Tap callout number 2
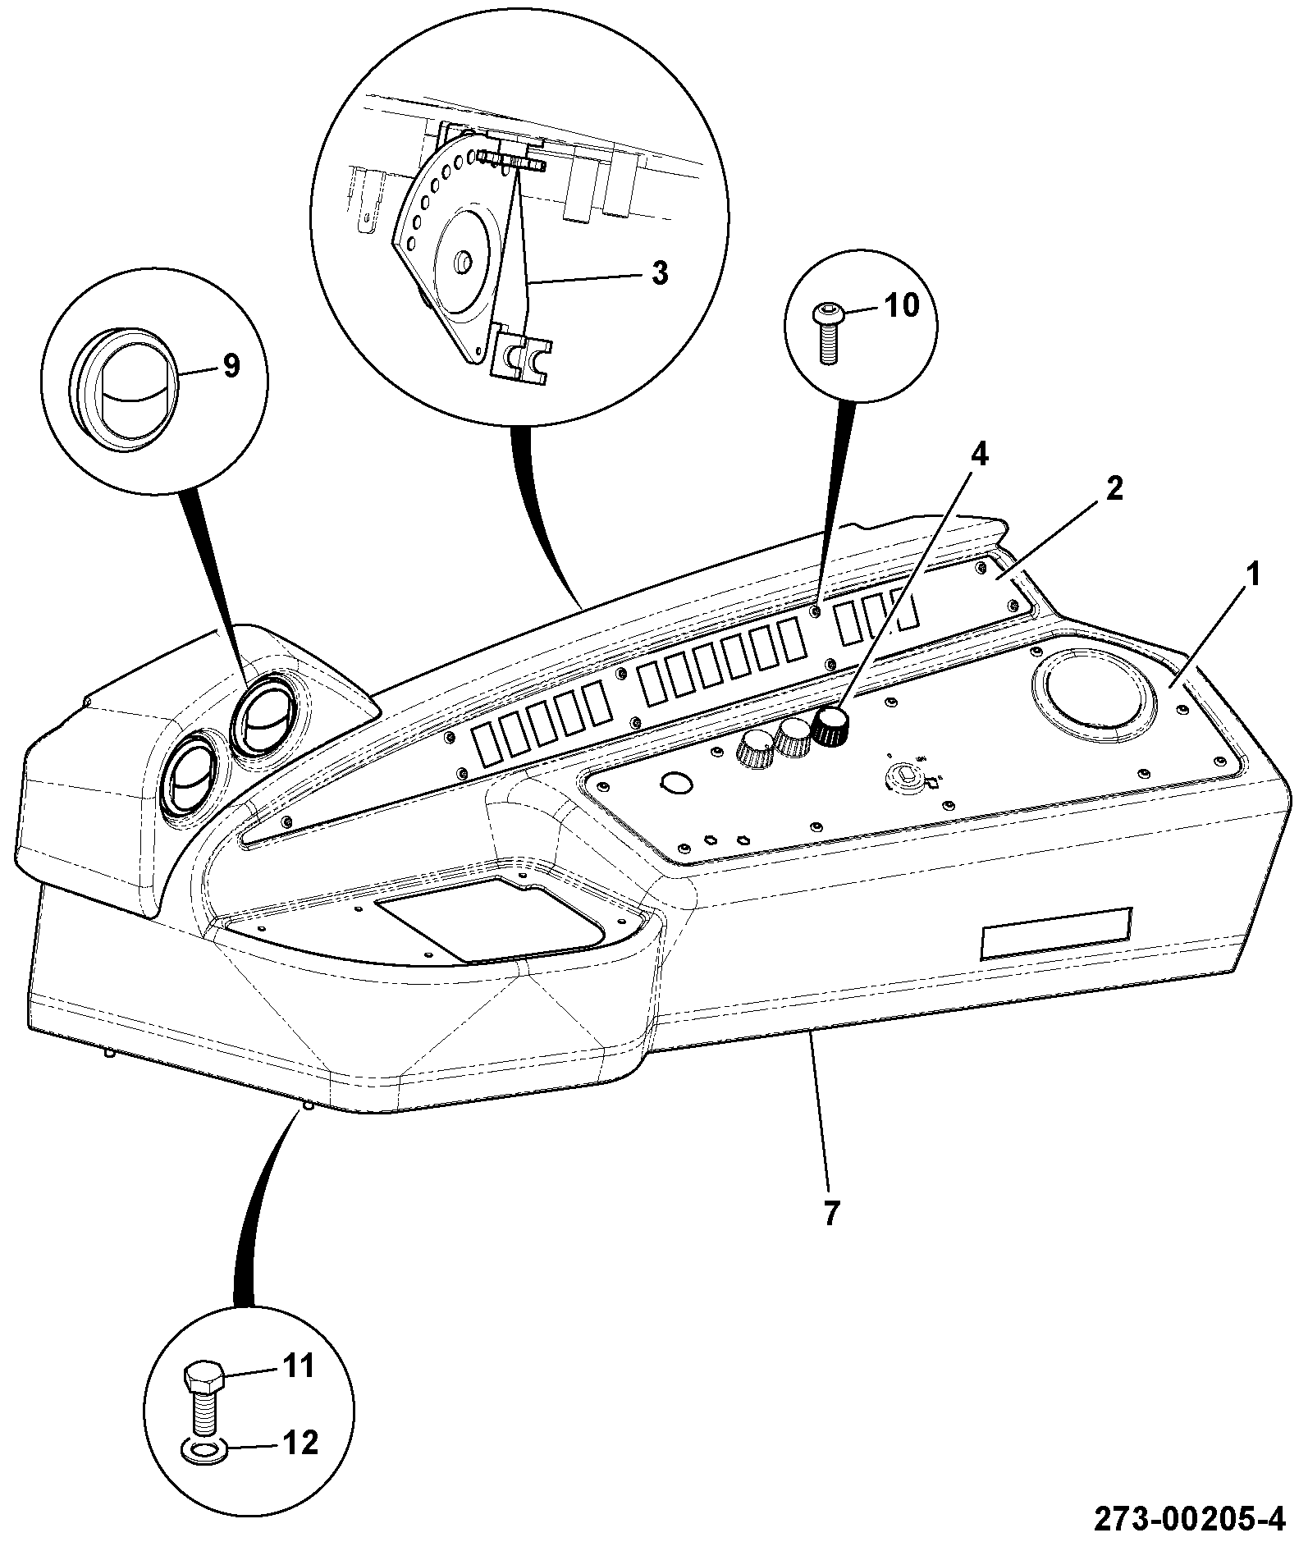pos(1113,489)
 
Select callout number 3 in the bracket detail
pos(660,272)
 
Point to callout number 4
pos(980,454)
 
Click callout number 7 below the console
pos(830,1213)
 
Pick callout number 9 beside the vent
pos(231,366)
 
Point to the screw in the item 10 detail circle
pos(826,332)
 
